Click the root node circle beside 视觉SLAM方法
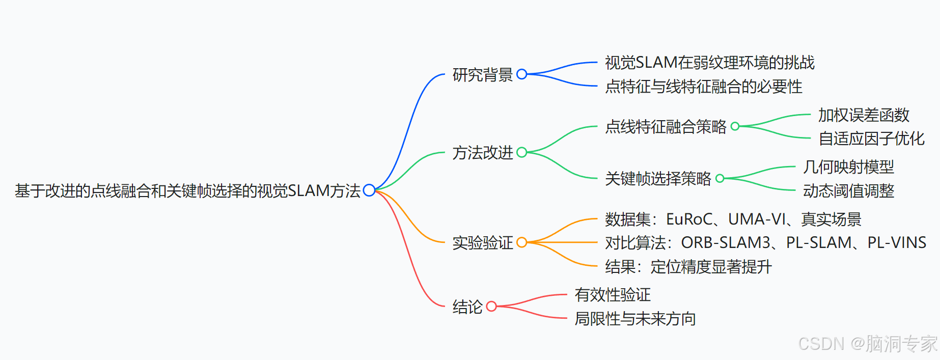(369, 190)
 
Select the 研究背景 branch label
(482, 75)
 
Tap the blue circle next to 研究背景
(521, 74)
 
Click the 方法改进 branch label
(482, 152)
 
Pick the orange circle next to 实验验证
(521, 242)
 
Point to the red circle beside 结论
(491, 307)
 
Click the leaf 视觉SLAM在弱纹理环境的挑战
(709, 63)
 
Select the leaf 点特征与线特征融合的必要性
(703, 87)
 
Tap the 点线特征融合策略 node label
(666, 126)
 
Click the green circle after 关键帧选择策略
(720, 178)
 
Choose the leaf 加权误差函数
(864, 115)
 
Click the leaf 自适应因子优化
(871, 139)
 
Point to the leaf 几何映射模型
(848, 167)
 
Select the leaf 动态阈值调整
(848, 191)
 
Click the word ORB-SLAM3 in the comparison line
(726, 243)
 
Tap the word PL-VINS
(897, 243)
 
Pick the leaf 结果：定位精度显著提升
(688, 267)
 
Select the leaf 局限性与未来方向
(635, 319)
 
